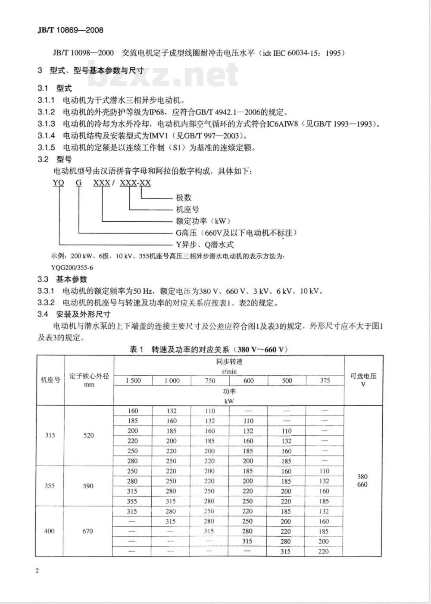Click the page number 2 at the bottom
click(x=37, y=571)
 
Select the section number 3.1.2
click(x=47, y=112)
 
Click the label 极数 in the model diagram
click(x=184, y=198)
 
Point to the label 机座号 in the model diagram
click(x=187, y=209)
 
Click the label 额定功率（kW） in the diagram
click(x=197, y=221)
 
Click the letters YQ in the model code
click(x=58, y=182)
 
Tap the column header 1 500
click(x=133, y=381)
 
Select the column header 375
click(x=325, y=381)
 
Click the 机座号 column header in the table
click(x=50, y=380)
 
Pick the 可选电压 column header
click(x=363, y=376)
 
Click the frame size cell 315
click(x=50, y=435)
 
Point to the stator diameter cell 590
click(x=88, y=486)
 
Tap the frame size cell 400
click(x=50, y=531)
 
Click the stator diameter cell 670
click(x=88, y=531)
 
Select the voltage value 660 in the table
click(x=362, y=484)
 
